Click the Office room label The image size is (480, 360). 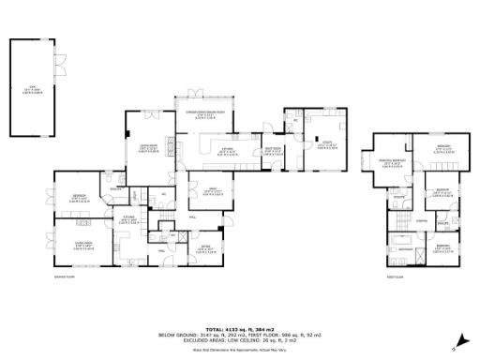point(203,249)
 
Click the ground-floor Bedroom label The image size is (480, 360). point(80,198)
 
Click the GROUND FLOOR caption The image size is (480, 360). point(66,277)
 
